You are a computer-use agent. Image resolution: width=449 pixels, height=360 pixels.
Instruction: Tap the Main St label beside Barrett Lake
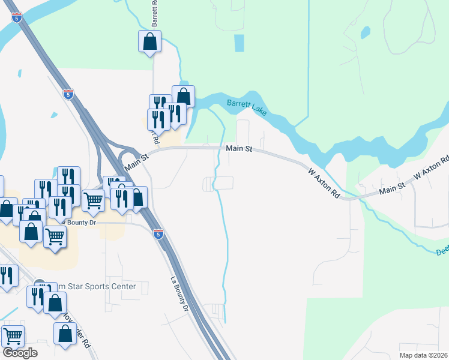click(x=238, y=148)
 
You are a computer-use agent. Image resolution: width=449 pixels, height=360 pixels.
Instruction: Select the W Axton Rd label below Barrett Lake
click(x=324, y=184)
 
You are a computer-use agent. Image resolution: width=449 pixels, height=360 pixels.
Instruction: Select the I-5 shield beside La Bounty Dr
click(x=158, y=234)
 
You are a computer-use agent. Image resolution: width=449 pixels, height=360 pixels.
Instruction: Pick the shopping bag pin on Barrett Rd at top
click(x=149, y=41)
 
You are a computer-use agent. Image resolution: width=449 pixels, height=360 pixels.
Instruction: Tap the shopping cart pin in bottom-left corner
click(x=13, y=336)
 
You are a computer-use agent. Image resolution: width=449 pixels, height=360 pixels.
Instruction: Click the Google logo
click(x=20, y=352)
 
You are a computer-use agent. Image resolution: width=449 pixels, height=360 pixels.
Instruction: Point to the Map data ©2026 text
click(x=423, y=355)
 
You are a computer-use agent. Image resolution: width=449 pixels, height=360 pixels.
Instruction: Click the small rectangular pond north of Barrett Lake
click(x=239, y=43)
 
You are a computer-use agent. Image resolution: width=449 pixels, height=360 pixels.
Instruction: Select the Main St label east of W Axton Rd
click(x=393, y=188)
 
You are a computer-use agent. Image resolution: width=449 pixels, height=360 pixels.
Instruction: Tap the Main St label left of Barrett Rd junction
click(x=136, y=158)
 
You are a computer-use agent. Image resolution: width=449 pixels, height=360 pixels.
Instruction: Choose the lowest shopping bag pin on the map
click(x=65, y=334)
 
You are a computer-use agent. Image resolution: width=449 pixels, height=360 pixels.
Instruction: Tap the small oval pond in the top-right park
click(x=366, y=31)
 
